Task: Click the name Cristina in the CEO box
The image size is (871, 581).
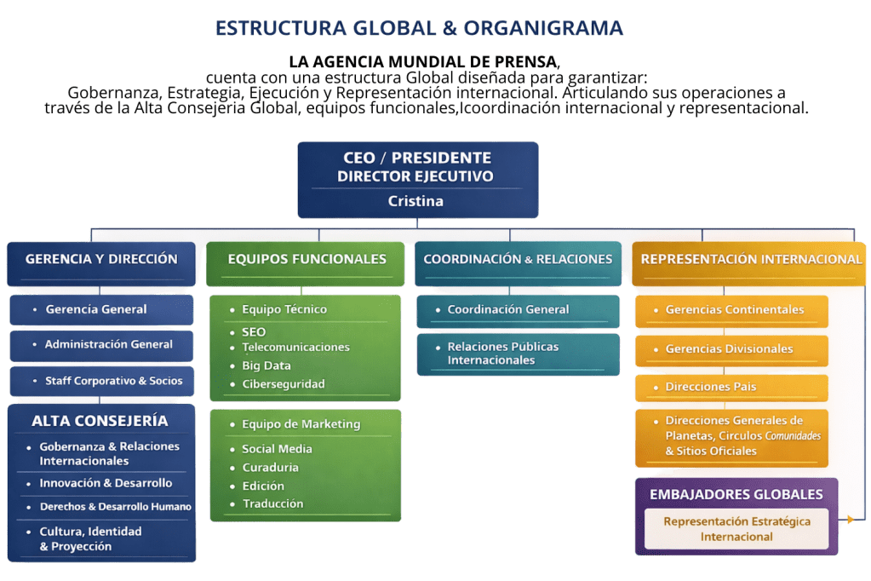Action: coord(415,201)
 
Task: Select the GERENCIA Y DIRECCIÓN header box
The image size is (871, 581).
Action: coord(101,259)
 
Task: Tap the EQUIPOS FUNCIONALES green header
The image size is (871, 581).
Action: coord(307,259)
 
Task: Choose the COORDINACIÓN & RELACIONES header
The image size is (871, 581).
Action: coord(518,259)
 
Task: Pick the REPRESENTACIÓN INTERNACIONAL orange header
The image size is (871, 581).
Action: coord(751,259)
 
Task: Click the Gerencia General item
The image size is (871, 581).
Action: coord(96,309)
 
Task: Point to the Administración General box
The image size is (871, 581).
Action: coord(108,344)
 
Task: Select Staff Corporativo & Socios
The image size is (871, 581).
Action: coord(113,381)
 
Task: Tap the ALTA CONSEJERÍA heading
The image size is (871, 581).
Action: coord(100,421)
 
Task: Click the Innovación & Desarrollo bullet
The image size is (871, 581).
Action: coord(106,483)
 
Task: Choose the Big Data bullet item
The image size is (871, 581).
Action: coord(266,365)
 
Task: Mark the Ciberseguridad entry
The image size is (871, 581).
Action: coord(283,384)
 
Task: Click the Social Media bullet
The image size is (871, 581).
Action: coord(277,449)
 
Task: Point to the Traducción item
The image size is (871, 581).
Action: coord(272,503)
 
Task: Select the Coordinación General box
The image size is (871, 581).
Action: coord(508,309)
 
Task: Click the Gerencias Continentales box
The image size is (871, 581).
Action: coord(734,309)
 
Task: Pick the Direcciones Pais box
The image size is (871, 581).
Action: coord(710,387)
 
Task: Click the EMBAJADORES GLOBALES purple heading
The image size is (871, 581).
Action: coord(736,494)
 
